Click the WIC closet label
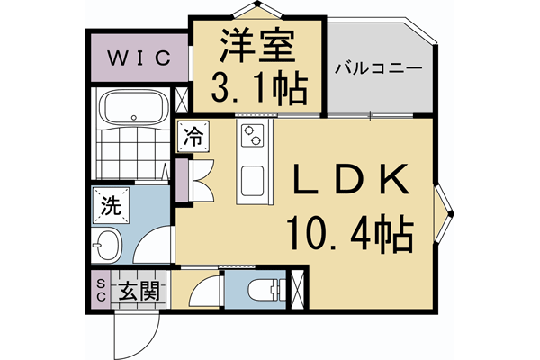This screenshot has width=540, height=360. click(139, 59)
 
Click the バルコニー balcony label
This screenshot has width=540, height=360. click(377, 68)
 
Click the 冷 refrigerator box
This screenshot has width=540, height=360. click(193, 137)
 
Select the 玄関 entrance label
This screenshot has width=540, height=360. click(139, 292)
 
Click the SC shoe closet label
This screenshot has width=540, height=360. click(100, 291)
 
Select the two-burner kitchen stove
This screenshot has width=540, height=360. click(252, 137)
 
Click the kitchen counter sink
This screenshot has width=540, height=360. click(252, 179)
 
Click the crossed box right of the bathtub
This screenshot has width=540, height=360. click(182, 99)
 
